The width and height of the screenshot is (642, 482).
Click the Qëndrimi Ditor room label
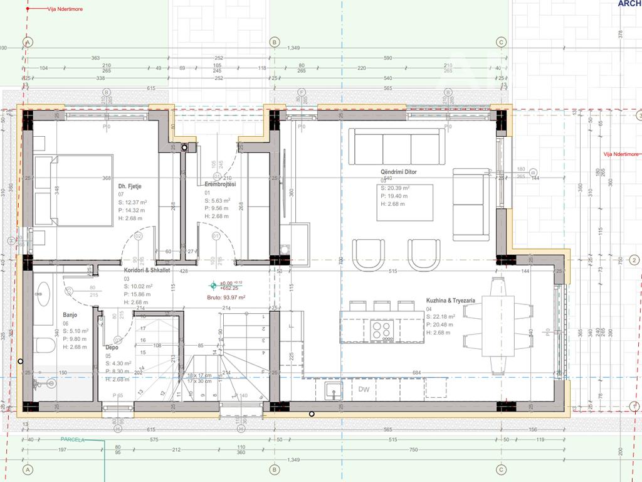[398, 172]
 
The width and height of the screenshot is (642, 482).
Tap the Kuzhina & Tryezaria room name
[450, 301]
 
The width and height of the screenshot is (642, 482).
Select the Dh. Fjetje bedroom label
[131, 186]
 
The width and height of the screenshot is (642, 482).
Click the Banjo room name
[70, 315]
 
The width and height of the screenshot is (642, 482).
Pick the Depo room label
[112, 347]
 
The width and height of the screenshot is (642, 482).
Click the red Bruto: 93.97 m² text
[227, 297]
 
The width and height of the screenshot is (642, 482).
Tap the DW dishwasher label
[364, 390]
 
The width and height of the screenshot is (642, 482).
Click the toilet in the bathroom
[44, 345]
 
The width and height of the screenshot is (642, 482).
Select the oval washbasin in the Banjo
[43, 295]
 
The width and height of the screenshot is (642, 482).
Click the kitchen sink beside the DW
[333, 390]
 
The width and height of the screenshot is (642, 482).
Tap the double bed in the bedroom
[73, 190]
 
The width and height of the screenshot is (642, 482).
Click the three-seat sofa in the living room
[396, 147]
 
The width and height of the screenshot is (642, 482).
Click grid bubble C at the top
[501, 42]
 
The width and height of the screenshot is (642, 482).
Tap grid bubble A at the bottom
[27, 469]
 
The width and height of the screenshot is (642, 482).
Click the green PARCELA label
[72, 440]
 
